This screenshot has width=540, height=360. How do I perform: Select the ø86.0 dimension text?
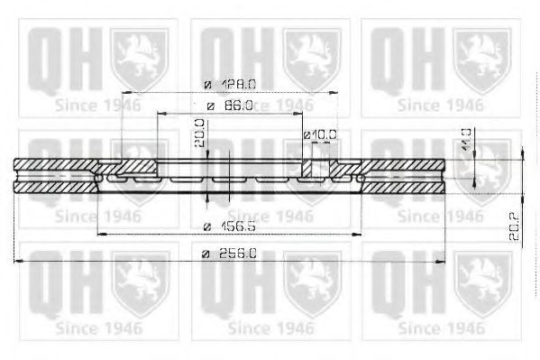pos(232,106)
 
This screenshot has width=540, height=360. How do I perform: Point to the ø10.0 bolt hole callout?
pos(321,134)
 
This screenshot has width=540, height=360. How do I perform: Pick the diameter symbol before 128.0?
pos(206,84)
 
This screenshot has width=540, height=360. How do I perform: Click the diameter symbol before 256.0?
pos(205,254)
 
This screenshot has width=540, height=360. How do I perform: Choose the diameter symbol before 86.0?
pos(208,106)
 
